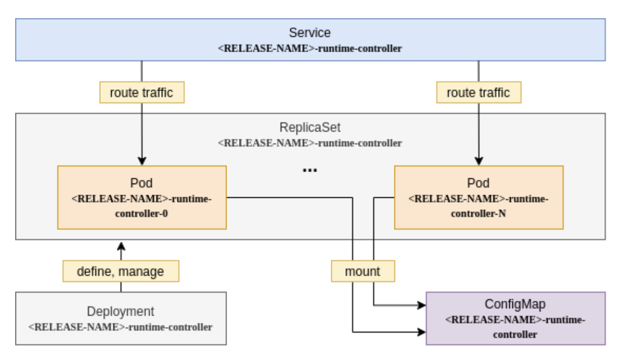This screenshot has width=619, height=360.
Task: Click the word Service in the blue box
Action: pyautogui.click(x=309, y=33)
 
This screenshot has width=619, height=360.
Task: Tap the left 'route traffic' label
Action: pyautogui.click(x=142, y=93)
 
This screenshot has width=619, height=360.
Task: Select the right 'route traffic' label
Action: pyautogui.click(x=478, y=93)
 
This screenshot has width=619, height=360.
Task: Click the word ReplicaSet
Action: pyautogui.click(x=309, y=126)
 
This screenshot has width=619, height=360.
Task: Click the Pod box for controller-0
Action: pyautogui.click(x=142, y=197)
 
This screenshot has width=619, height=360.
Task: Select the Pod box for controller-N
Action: pyautogui.click(x=478, y=197)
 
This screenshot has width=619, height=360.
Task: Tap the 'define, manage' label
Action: pyautogui.click(x=120, y=271)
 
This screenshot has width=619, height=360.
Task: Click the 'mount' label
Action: pyautogui.click(x=363, y=271)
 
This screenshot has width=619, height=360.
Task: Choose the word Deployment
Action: pyautogui.click(x=120, y=311)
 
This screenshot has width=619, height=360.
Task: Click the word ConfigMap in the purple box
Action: pyautogui.click(x=515, y=304)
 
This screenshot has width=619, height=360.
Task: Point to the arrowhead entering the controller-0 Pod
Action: pyautogui.click(x=142, y=161)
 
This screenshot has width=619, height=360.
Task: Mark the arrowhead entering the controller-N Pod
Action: pyautogui.click(x=478, y=161)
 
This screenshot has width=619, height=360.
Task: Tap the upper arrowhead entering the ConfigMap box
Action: pyautogui.click(x=421, y=305)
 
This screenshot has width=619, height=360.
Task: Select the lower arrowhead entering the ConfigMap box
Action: pyautogui.click(x=421, y=332)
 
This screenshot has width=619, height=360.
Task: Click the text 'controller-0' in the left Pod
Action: pyautogui.click(x=142, y=213)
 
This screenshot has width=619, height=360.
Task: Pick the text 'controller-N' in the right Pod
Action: pyautogui.click(x=478, y=213)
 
